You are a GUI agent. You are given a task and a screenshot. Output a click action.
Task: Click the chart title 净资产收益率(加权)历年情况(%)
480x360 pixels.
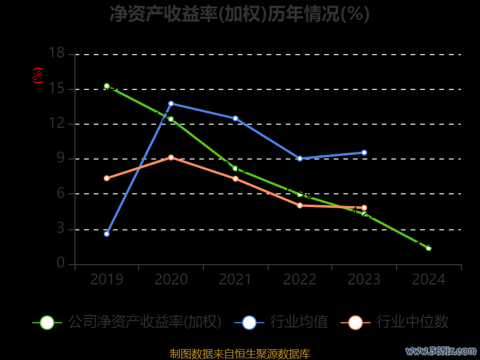[239, 13]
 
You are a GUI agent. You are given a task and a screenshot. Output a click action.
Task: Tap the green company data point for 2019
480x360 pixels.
[107, 86]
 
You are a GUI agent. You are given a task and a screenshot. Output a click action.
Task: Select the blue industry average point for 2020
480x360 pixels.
[171, 103]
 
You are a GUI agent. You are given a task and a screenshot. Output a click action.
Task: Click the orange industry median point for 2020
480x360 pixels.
[171, 157]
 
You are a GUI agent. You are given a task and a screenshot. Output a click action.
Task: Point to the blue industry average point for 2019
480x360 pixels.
[107, 233]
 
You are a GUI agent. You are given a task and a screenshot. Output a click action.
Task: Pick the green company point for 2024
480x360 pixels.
[428, 248]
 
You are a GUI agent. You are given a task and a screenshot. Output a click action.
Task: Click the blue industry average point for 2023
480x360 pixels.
[364, 152]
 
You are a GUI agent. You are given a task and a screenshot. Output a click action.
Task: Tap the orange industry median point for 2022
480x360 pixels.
[299, 205]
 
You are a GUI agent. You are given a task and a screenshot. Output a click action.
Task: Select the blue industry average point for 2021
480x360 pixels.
[235, 118]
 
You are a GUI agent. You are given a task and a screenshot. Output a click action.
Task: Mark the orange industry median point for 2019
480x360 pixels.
[107, 178]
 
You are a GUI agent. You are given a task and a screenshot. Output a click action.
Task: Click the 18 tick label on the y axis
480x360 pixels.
[56, 53]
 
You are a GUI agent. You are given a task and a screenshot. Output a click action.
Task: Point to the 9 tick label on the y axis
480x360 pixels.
[60, 158]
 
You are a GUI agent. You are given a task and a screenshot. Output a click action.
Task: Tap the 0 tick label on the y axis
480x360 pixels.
[60, 263]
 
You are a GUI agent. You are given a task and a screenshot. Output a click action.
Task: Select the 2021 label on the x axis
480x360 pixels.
[235, 280]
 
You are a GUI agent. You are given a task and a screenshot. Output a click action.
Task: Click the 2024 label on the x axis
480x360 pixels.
[428, 280]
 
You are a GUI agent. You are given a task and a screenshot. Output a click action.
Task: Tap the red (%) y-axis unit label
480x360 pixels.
[38, 76]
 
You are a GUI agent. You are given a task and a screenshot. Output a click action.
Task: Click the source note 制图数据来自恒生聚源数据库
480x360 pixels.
[240, 354]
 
